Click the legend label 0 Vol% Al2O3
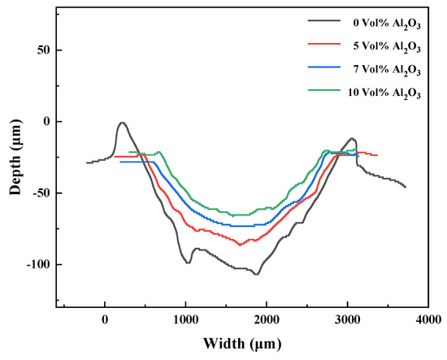(x=387, y=24)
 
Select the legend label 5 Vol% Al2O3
(x=387, y=47)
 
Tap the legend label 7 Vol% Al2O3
(x=387, y=70)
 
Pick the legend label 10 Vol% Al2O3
(x=384, y=93)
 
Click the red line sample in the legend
(x=324, y=44)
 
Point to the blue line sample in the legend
(x=324, y=67)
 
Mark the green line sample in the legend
(x=324, y=90)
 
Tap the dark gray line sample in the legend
(x=324, y=20)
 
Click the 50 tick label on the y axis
(x=43, y=50)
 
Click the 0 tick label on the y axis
(x=46, y=122)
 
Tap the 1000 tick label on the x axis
(x=185, y=320)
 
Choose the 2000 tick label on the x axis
(x=267, y=320)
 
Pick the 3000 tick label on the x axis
(x=347, y=320)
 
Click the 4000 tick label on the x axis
(x=428, y=320)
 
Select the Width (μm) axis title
(x=242, y=344)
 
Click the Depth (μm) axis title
(x=16, y=158)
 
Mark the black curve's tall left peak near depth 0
(x=122, y=123)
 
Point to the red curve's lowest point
(x=240, y=245)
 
